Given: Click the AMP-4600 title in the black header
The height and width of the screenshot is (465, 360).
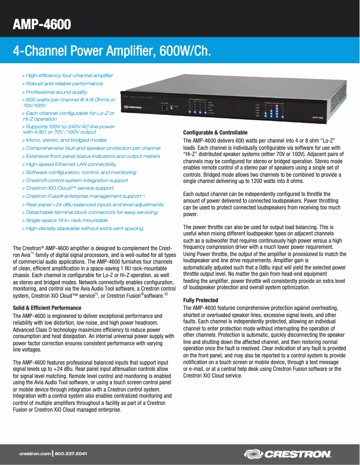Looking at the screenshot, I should [x=42, y=24].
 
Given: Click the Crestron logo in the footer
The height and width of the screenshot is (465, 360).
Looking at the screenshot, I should [x=288, y=454].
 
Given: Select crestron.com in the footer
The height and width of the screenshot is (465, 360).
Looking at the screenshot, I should [x=35, y=454].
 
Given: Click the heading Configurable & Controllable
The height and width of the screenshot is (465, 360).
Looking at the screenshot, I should [x=215, y=133].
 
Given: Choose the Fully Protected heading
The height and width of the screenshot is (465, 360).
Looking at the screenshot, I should [x=201, y=300].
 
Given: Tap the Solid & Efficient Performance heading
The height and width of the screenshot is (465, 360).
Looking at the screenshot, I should [x=47, y=308].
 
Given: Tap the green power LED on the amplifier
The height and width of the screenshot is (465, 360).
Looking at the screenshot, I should [x=171, y=109].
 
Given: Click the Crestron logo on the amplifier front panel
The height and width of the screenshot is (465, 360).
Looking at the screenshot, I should [x=134, y=107].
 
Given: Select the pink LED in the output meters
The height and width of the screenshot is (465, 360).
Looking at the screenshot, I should [x=277, y=106].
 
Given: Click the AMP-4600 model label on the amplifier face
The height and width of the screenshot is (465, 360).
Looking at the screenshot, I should [x=318, y=118].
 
